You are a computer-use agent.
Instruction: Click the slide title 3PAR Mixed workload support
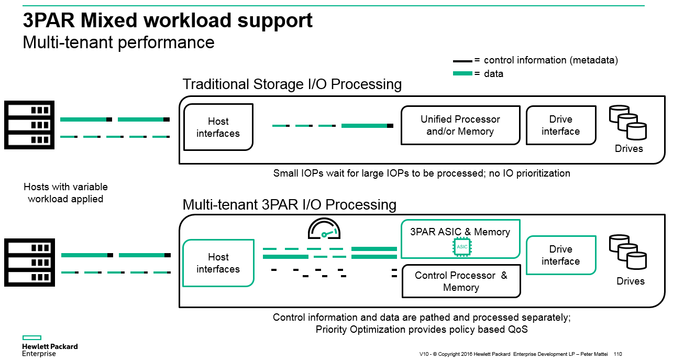pos(168,21)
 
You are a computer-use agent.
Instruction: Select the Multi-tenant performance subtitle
pos(118,42)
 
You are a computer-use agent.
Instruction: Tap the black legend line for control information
pos(462,61)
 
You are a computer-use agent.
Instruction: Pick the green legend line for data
pos(462,74)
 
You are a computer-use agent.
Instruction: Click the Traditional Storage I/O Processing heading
pos(292,84)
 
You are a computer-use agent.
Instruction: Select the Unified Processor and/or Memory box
pos(460,125)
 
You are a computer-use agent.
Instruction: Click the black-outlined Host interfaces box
pos(218,127)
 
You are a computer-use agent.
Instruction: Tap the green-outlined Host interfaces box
pos(218,263)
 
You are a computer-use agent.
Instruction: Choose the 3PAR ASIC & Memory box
pos(460,239)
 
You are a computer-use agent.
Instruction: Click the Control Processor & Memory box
pos(461,281)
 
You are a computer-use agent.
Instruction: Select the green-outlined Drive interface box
pos(560,255)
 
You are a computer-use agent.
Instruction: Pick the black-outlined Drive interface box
pos(560,125)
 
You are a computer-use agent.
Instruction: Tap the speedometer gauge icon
pos(324,230)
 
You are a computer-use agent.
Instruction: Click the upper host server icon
pos(29,125)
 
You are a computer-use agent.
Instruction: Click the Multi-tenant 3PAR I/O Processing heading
pos(289,204)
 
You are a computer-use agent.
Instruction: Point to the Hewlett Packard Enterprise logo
pos(49,346)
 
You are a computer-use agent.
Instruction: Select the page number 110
pos(617,354)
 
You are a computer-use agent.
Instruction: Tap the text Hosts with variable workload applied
pos(65,193)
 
